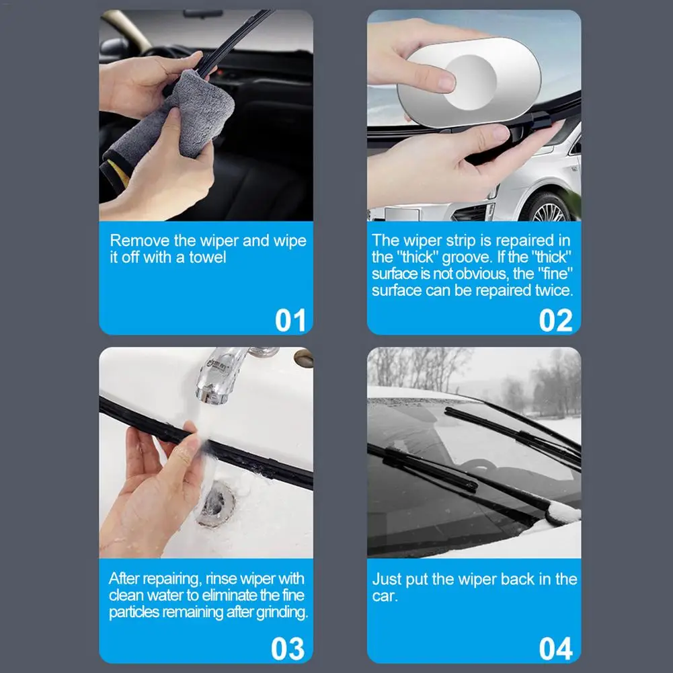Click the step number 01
[x=290, y=320]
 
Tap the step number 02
[x=556, y=320]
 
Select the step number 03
[x=288, y=649]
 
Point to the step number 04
[x=556, y=649]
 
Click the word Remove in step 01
[x=139, y=241]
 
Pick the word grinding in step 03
[x=282, y=613]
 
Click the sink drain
[x=215, y=504]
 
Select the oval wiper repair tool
[x=469, y=82]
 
